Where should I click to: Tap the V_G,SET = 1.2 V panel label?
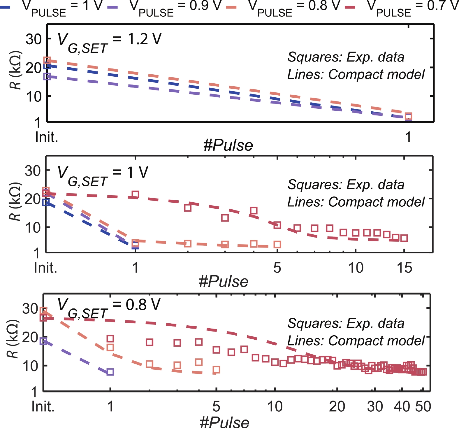[109, 42]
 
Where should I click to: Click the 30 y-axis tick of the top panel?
[34, 39]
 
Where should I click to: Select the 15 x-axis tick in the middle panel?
[405, 268]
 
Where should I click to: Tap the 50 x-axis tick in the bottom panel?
[423, 406]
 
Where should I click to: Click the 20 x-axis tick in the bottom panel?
[337, 406]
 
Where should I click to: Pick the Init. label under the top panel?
[47, 137]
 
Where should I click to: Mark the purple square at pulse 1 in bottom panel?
[110, 372]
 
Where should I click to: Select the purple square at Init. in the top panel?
[47, 77]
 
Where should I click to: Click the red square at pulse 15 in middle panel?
[404, 238]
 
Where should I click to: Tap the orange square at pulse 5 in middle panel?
[277, 244]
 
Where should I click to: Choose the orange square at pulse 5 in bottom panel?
[216, 370]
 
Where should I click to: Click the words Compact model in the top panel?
[376, 75]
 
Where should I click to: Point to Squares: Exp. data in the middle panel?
[346, 185]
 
